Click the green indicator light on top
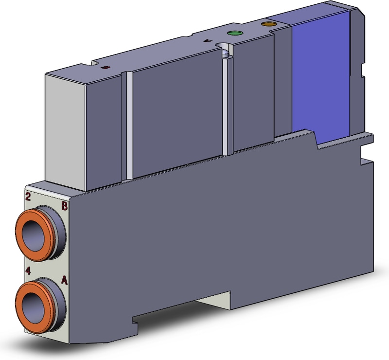pyautogui.click(x=235, y=34)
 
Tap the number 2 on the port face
pyautogui.click(x=28, y=197)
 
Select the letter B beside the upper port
pyautogui.click(x=64, y=206)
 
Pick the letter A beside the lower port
pyautogui.click(x=64, y=280)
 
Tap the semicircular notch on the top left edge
pyautogui.click(x=94, y=63)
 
